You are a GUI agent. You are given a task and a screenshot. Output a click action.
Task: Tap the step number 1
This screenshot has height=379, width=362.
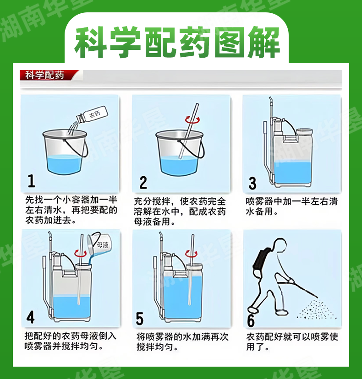(x=32, y=181)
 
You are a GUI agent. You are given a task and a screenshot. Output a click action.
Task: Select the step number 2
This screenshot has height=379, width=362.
(x=143, y=182)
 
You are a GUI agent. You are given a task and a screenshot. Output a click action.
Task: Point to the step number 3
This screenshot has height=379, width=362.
(x=252, y=183)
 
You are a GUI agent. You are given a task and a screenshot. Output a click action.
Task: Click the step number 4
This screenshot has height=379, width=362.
(x=31, y=317)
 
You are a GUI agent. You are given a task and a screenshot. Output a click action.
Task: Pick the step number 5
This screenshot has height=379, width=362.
(x=140, y=318)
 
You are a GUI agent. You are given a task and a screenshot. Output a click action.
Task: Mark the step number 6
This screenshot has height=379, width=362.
(x=251, y=320)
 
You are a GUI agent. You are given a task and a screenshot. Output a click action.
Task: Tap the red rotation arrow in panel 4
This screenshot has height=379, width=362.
(x=80, y=253)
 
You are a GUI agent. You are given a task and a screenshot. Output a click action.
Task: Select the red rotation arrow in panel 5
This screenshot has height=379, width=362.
(x=191, y=253)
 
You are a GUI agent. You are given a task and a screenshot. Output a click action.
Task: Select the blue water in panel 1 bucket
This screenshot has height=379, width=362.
(x=64, y=163)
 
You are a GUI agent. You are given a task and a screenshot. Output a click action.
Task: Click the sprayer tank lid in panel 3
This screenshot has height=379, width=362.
(x=305, y=132)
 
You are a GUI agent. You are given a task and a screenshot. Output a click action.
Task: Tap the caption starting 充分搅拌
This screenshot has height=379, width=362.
(x=180, y=211)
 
